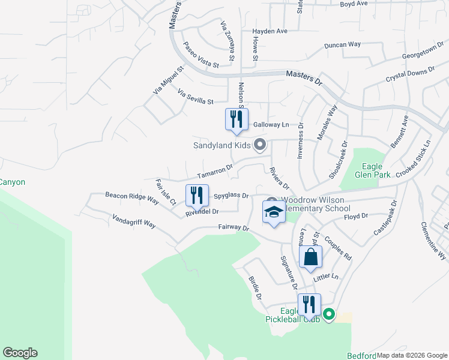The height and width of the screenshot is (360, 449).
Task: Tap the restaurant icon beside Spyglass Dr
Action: coord(196,195)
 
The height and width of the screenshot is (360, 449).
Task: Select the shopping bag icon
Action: coord(310,257)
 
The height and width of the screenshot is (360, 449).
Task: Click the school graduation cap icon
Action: coord(274,212)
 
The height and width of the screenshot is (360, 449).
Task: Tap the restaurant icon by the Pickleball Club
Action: coord(309,304)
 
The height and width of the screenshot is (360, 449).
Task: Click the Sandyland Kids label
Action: coord(221,145)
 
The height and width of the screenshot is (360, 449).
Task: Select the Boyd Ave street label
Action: coord(354,4)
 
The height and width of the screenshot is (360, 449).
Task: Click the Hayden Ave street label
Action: coord(270,31)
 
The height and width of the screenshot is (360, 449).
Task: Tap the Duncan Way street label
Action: coord(342,45)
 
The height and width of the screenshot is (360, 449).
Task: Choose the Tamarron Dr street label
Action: coord(215,172)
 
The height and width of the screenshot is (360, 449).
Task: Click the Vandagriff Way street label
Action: coord(134,220)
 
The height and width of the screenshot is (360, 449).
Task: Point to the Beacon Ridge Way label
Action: coord(132,198)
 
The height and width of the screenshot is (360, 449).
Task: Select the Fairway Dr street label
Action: coord(233,227)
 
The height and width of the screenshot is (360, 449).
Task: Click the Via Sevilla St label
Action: coord(196,97)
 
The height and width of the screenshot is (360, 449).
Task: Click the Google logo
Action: coord(20,353)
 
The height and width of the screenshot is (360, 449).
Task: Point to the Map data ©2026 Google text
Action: coord(412,355)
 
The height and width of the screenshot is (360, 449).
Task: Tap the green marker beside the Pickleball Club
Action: coord(329,314)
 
